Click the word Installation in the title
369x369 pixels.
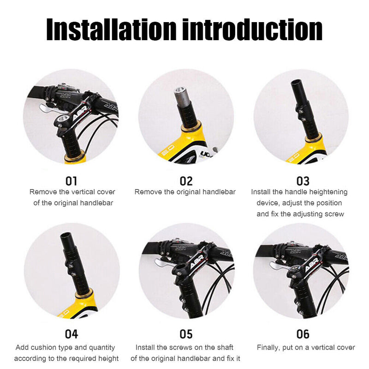pos(111,30)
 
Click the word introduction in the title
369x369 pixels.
pos(252,30)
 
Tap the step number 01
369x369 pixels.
pos(71,181)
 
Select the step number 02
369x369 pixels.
pos(186,181)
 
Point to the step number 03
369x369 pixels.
pos(303,181)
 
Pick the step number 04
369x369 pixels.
pos(71,334)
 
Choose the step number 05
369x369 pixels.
pos(186,334)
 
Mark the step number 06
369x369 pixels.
pos(303,334)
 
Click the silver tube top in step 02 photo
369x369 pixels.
pos(180,90)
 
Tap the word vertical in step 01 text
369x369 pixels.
pos(83,192)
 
